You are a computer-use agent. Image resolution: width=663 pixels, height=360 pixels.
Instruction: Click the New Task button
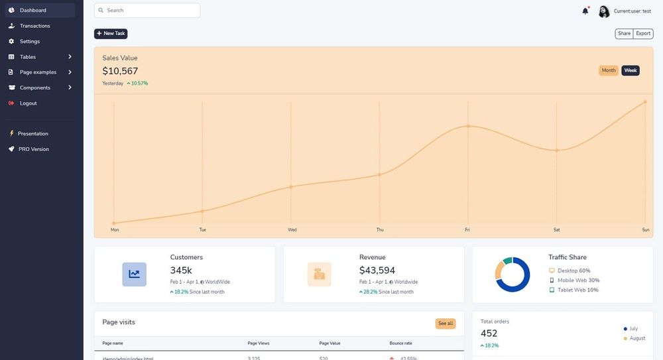click(x=111, y=33)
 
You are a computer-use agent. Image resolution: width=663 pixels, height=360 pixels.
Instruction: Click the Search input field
click(x=147, y=11)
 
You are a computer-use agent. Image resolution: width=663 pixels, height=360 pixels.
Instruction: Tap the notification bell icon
click(x=585, y=11)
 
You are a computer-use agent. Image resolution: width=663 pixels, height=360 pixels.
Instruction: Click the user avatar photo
click(x=604, y=11)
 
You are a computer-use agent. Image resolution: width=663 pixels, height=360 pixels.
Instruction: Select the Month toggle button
click(x=609, y=70)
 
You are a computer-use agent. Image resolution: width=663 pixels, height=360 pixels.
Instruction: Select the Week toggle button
click(x=631, y=70)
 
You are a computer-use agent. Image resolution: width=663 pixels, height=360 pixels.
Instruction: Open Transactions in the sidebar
click(x=34, y=26)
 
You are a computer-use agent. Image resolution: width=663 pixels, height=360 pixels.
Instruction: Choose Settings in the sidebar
click(x=30, y=41)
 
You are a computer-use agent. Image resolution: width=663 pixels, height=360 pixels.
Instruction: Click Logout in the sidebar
click(x=29, y=103)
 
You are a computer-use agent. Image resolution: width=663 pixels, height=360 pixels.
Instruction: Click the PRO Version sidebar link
click(x=33, y=149)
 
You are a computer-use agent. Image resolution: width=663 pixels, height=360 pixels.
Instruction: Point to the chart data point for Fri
click(x=467, y=126)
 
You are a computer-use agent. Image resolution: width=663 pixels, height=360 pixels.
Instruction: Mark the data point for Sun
click(x=645, y=102)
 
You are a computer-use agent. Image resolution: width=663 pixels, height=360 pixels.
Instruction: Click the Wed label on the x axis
click(x=292, y=230)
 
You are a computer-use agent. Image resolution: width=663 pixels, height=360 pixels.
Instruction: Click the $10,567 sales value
click(x=120, y=71)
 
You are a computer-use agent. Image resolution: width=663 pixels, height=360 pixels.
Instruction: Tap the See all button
click(x=446, y=324)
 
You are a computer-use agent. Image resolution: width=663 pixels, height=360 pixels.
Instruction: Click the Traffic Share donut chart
click(x=512, y=274)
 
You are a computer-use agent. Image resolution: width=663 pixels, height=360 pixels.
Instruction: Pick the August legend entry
click(x=636, y=338)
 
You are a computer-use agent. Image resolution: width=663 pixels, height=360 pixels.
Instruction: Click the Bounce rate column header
click(x=400, y=343)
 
